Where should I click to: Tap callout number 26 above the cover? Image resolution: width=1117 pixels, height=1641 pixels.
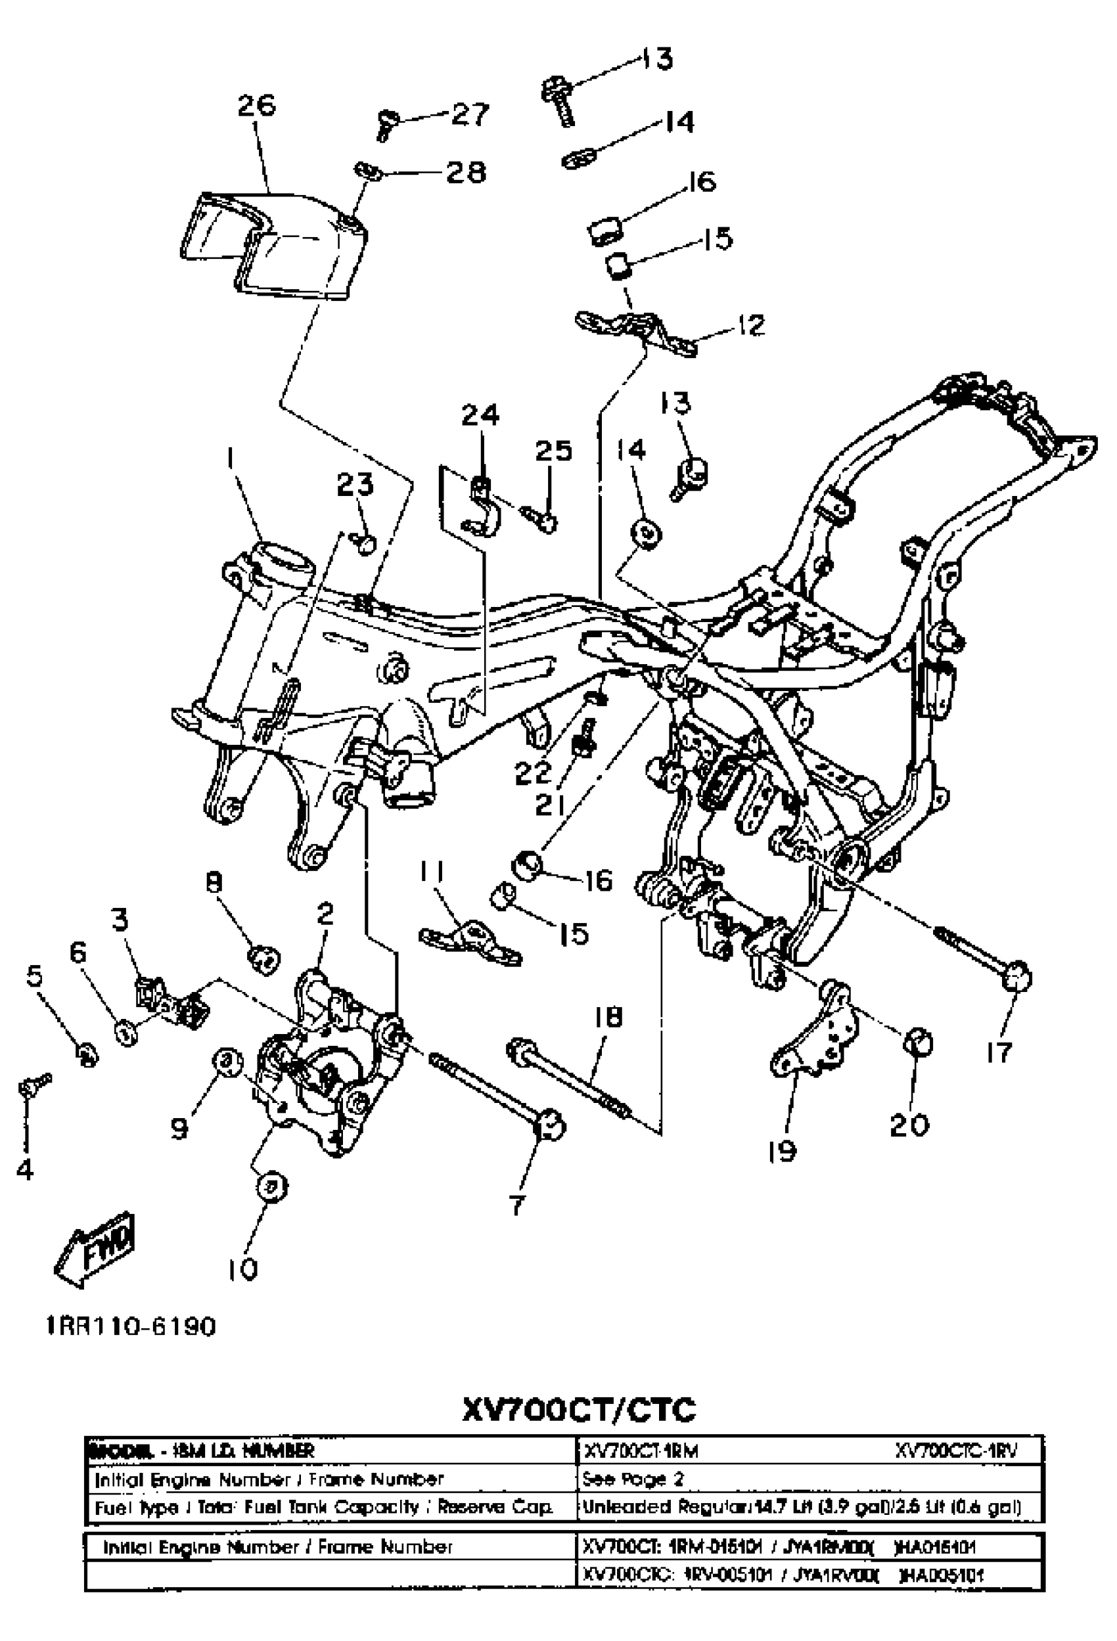click(256, 106)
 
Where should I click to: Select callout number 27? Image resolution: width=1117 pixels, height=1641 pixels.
click(469, 114)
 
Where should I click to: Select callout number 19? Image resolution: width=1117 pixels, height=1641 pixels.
click(782, 1152)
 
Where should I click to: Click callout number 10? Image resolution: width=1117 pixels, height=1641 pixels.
click(243, 1270)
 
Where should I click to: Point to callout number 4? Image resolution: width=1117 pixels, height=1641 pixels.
click(25, 1171)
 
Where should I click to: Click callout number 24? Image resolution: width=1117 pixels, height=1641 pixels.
click(480, 415)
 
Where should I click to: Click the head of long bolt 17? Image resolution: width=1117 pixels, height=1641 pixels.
click(1017, 978)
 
